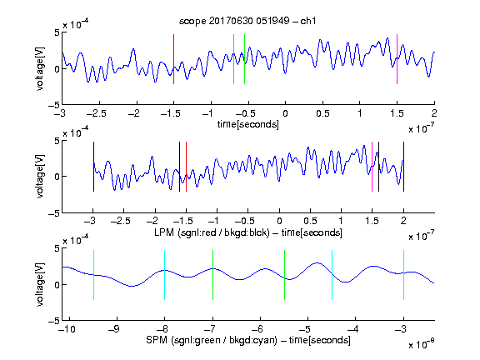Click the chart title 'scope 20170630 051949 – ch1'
247,21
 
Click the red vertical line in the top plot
173,59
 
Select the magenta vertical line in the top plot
397,59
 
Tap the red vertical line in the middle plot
186,167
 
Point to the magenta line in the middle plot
372,167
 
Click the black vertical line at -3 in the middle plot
93,167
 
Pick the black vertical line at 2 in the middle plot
403,167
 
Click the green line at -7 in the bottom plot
212,275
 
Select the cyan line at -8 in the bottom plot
164,275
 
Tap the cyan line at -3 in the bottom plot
403,275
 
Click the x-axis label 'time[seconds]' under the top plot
248,124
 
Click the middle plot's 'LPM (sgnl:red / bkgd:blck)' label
212,232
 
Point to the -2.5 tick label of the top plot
96,113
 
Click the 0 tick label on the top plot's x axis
285,113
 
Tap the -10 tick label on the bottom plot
67,329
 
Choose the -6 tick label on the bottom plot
259,329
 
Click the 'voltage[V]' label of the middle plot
40,177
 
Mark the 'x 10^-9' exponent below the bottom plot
422,344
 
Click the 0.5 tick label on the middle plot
310,221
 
